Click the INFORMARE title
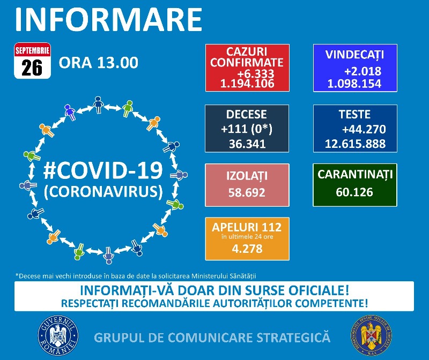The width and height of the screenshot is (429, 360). tap(109, 19)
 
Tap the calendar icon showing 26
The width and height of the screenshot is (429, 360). tap(32, 61)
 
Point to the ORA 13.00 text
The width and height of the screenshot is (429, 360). tap(99, 63)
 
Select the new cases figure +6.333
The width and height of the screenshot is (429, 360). tap(256, 73)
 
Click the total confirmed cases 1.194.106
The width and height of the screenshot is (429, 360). tap(247, 84)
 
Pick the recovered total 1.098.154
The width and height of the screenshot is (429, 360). tap(354, 84)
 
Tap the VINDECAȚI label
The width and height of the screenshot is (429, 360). tap(354, 55)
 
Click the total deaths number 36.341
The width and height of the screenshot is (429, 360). tap(247, 144)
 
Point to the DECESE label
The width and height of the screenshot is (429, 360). tap(247, 114)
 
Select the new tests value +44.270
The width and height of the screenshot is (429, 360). tap(364, 129)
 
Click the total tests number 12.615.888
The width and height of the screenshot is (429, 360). tap(355, 144)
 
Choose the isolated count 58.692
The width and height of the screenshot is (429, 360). tap(247, 192)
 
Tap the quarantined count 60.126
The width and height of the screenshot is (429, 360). tap(354, 192)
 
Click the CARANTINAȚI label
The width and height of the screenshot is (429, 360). tap(355, 175)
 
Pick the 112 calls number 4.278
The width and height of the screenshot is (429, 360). tap(247, 249)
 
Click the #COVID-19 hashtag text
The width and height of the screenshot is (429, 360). tap(103, 171)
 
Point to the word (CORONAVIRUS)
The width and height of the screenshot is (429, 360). tap(103, 192)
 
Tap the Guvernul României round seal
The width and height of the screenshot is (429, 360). tap(58, 336)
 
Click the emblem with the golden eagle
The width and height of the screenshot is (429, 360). tap(371, 336)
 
